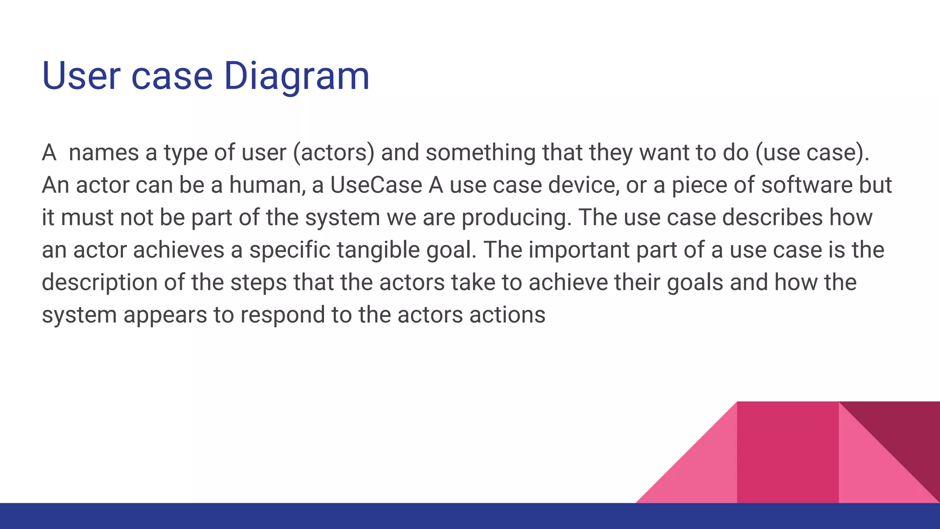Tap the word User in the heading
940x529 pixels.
81,76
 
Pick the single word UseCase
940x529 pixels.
376,185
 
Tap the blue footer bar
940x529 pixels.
470,516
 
